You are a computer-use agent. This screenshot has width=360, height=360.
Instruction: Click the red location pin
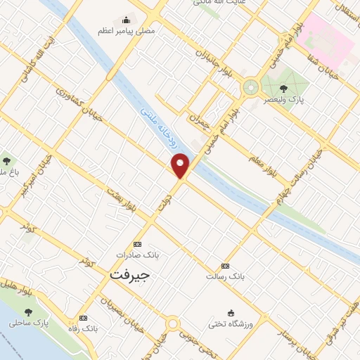pos(181,165)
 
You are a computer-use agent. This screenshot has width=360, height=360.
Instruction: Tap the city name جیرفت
pos(129,274)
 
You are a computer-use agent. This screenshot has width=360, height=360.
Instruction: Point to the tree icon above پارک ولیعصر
pos(283,89)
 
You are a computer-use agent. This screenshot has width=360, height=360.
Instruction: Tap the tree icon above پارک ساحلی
pos(28,312)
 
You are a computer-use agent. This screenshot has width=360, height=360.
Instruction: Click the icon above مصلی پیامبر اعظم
pos(127,19)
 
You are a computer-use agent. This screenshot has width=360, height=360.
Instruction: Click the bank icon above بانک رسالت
pos(225,266)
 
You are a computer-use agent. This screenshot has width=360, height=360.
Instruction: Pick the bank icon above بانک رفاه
pos(84,318)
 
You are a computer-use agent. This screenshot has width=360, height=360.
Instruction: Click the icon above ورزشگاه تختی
pos(230,313)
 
